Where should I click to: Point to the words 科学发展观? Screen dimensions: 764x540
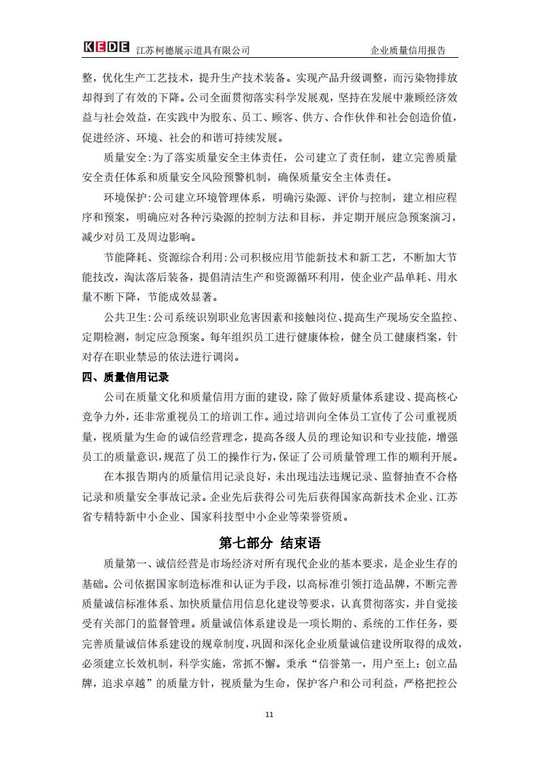(271, 98)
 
